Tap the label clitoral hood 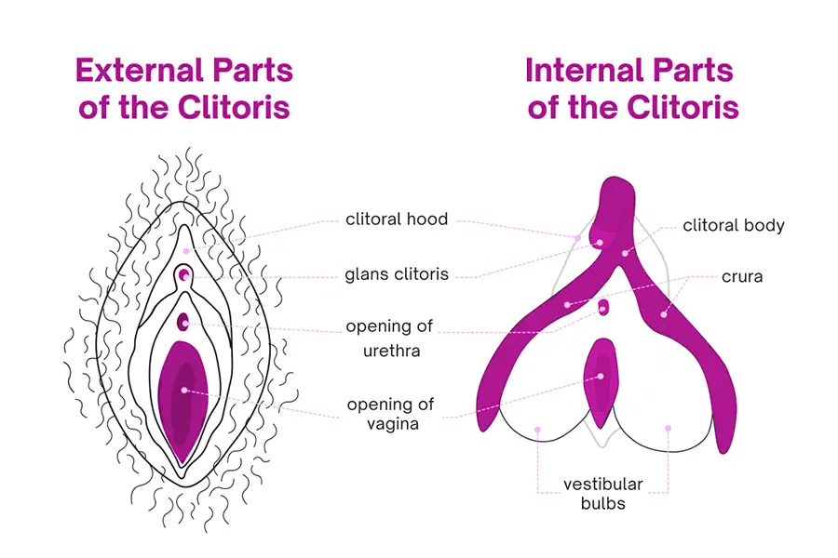click(397, 220)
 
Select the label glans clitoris click(397, 274)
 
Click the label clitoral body click(734, 225)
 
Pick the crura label click(742, 276)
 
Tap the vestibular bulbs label click(602, 493)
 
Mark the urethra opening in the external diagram click(183, 322)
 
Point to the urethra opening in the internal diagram click(604, 306)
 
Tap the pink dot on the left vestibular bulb click(538, 429)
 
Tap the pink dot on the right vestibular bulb click(668, 429)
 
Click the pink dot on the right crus click(664, 313)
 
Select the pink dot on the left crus click(566, 304)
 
